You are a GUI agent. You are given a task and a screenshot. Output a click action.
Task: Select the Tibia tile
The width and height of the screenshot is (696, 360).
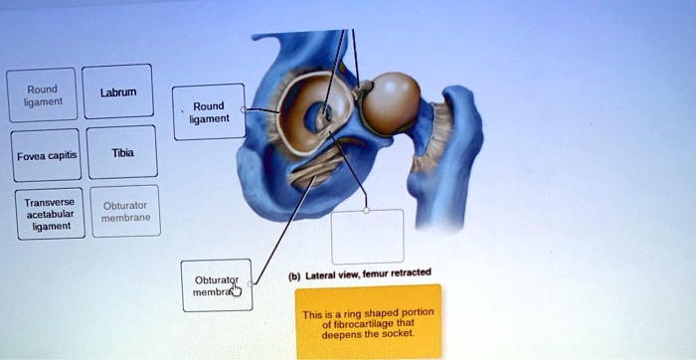coord(122,152)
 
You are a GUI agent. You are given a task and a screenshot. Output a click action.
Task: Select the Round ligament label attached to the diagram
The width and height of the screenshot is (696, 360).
coord(209,112)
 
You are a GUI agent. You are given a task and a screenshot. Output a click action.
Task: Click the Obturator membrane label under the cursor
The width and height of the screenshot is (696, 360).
coord(216,284)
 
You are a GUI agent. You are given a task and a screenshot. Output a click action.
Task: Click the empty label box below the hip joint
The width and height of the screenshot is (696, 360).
coord(367,236)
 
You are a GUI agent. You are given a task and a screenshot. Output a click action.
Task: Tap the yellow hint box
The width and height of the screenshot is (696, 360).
coord(368,321)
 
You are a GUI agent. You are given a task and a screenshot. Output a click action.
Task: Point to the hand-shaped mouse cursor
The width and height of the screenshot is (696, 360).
coord(236,289)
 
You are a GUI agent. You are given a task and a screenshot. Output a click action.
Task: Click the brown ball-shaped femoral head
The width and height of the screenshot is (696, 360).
coord(389,102)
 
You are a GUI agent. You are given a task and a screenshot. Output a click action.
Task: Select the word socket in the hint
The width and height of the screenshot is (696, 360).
coord(397,334)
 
